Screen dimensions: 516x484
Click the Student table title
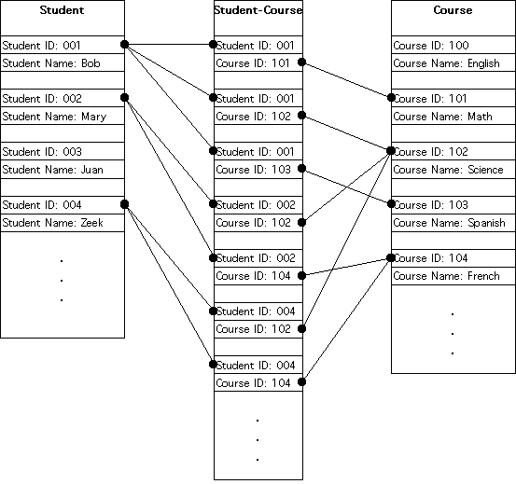62,10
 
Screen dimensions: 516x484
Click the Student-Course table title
258,10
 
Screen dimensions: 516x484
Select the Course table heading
453,10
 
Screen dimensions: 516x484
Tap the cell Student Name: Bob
63,62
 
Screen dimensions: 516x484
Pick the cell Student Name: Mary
63,116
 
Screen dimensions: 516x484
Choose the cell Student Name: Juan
63,170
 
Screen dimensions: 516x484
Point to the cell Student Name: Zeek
63,223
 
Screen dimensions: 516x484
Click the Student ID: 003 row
63,152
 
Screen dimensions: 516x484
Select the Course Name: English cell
453,62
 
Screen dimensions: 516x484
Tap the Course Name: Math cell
453,116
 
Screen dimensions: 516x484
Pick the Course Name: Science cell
453,170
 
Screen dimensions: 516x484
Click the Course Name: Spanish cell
453,223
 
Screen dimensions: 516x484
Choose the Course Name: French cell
453,276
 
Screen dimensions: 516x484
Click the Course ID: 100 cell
453,45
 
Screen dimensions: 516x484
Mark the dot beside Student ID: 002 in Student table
124,97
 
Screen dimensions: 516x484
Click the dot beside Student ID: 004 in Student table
124,204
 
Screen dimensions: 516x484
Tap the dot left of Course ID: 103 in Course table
391,204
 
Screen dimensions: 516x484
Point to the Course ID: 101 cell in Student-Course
258,62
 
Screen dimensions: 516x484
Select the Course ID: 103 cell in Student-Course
258,170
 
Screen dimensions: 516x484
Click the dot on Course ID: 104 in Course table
391,257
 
